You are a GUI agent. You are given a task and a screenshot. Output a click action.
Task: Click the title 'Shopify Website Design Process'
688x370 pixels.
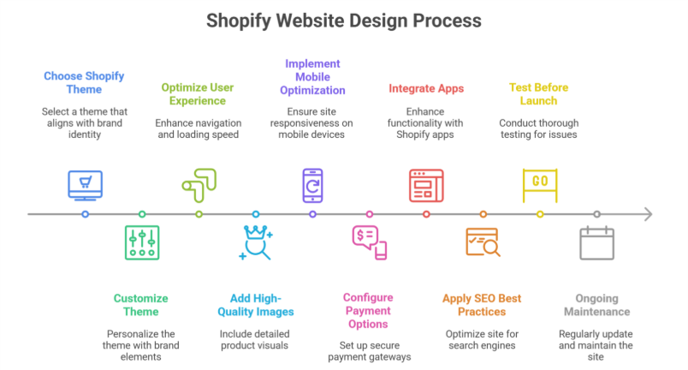(x=344, y=20)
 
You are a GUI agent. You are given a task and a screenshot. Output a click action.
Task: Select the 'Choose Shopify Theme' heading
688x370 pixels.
(x=85, y=83)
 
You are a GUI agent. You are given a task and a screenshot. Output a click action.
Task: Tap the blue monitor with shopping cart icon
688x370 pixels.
(x=85, y=184)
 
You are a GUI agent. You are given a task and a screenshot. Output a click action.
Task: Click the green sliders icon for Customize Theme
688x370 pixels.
(x=142, y=242)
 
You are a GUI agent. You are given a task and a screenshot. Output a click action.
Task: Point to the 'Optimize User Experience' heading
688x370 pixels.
(x=198, y=93)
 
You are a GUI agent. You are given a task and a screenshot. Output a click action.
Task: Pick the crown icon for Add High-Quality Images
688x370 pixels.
(x=255, y=242)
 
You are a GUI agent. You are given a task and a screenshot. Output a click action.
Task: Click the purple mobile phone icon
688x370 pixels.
(x=312, y=184)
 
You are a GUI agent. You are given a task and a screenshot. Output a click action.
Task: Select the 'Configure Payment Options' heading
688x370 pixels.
(x=369, y=311)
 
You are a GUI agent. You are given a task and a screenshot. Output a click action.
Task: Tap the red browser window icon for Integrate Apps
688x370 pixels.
(x=426, y=184)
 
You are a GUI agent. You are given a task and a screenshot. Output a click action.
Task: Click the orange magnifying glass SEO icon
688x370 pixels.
(x=483, y=242)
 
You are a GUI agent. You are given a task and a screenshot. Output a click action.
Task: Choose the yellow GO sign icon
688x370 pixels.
(x=540, y=182)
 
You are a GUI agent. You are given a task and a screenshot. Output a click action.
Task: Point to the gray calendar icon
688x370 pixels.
(x=596, y=242)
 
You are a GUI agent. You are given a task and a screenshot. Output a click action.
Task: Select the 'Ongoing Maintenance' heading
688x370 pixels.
(x=596, y=305)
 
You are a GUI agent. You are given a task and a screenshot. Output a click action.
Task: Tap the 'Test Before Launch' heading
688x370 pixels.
(x=538, y=93)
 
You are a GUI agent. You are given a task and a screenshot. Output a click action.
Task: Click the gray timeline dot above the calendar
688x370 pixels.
(x=596, y=214)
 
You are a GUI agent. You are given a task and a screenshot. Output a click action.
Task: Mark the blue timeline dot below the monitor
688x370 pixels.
(x=85, y=214)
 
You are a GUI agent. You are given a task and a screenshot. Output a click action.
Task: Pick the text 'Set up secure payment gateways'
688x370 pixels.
(x=369, y=351)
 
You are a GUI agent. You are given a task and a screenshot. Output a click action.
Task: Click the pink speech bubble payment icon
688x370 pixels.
(x=369, y=241)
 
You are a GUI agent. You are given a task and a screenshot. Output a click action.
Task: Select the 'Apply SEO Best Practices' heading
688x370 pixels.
(x=482, y=305)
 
